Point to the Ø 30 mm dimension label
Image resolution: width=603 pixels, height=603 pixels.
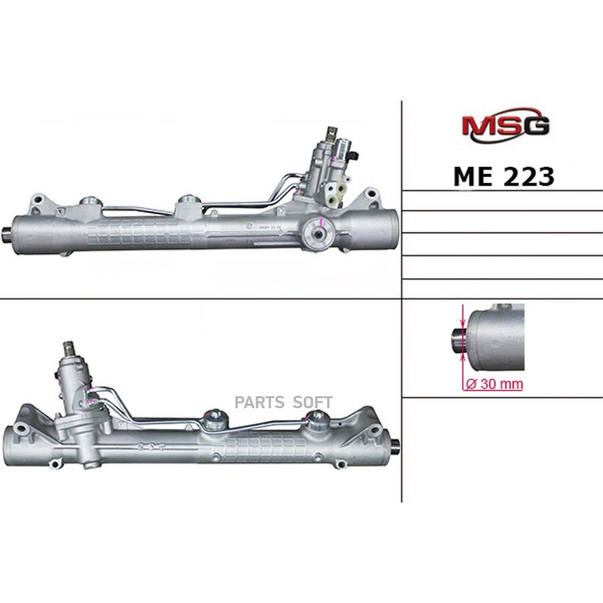[x=494, y=383]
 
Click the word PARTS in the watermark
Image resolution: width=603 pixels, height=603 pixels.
[x=259, y=402]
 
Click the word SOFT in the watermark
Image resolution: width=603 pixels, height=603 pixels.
[x=313, y=402]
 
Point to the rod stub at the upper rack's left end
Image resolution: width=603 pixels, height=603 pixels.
[x=7, y=233]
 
